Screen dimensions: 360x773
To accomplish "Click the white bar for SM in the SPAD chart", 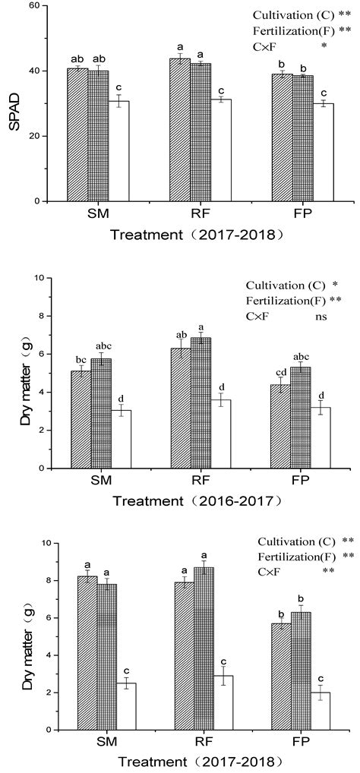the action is [118, 151].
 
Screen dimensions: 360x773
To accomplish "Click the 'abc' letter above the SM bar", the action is [101, 346].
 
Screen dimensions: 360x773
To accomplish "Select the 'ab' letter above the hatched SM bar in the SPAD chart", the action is [78, 60].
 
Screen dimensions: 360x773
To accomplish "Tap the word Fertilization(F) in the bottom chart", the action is [296, 557].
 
